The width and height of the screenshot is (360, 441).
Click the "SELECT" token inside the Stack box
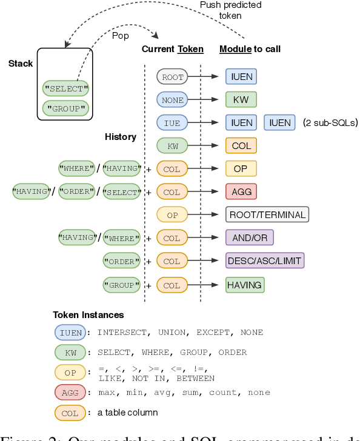pos(65,88)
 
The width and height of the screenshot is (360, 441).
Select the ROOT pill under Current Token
pos(172,76)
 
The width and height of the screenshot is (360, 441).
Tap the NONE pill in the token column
pos(172,99)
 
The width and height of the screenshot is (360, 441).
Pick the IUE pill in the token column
pos(172,122)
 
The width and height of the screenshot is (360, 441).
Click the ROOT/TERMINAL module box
pos(267,214)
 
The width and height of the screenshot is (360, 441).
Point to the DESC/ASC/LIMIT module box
pos(264,260)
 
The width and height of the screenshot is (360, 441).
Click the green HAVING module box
pos(244,284)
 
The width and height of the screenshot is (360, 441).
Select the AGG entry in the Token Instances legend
pos(70,393)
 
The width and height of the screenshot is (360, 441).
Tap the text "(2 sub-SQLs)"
pos(330,123)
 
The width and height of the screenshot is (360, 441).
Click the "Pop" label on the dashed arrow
pos(121,36)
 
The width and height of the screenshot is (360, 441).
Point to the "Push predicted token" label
pos(230,10)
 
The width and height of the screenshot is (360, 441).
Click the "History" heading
pos(120,137)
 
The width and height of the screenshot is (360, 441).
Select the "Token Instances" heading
pos(88,315)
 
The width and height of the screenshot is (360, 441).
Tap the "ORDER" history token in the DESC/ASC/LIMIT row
pos(121,261)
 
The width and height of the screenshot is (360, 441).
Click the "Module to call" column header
pos(249,49)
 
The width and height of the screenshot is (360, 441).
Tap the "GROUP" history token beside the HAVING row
pos(121,284)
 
